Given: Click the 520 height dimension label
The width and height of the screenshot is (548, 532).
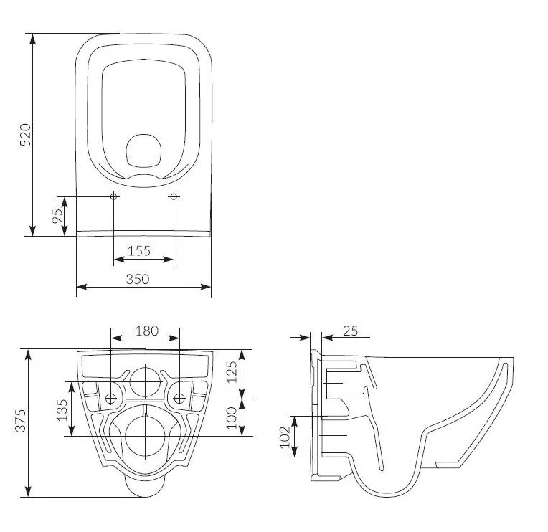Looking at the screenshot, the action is [x=25, y=135].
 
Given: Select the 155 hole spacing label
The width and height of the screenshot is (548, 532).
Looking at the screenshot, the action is [x=139, y=250].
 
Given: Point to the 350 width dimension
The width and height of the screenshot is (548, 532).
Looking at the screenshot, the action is [x=138, y=279].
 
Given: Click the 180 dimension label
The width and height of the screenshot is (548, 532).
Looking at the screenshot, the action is [x=146, y=331].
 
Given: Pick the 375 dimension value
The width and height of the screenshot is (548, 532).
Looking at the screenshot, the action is [x=22, y=419].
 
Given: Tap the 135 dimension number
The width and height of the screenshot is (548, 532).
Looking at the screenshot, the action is [x=62, y=410].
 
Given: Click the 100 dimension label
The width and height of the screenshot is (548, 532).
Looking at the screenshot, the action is [x=231, y=417].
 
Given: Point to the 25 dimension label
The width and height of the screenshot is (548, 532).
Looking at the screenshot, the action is [x=351, y=331].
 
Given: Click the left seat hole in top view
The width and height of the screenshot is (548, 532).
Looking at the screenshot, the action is [x=114, y=196].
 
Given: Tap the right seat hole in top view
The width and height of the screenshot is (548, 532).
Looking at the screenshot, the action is [x=174, y=196].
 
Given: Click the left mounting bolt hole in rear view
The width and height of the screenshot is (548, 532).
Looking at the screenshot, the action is [x=110, y=398].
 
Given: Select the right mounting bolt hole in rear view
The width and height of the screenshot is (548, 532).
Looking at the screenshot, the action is [x=179, y=398].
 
